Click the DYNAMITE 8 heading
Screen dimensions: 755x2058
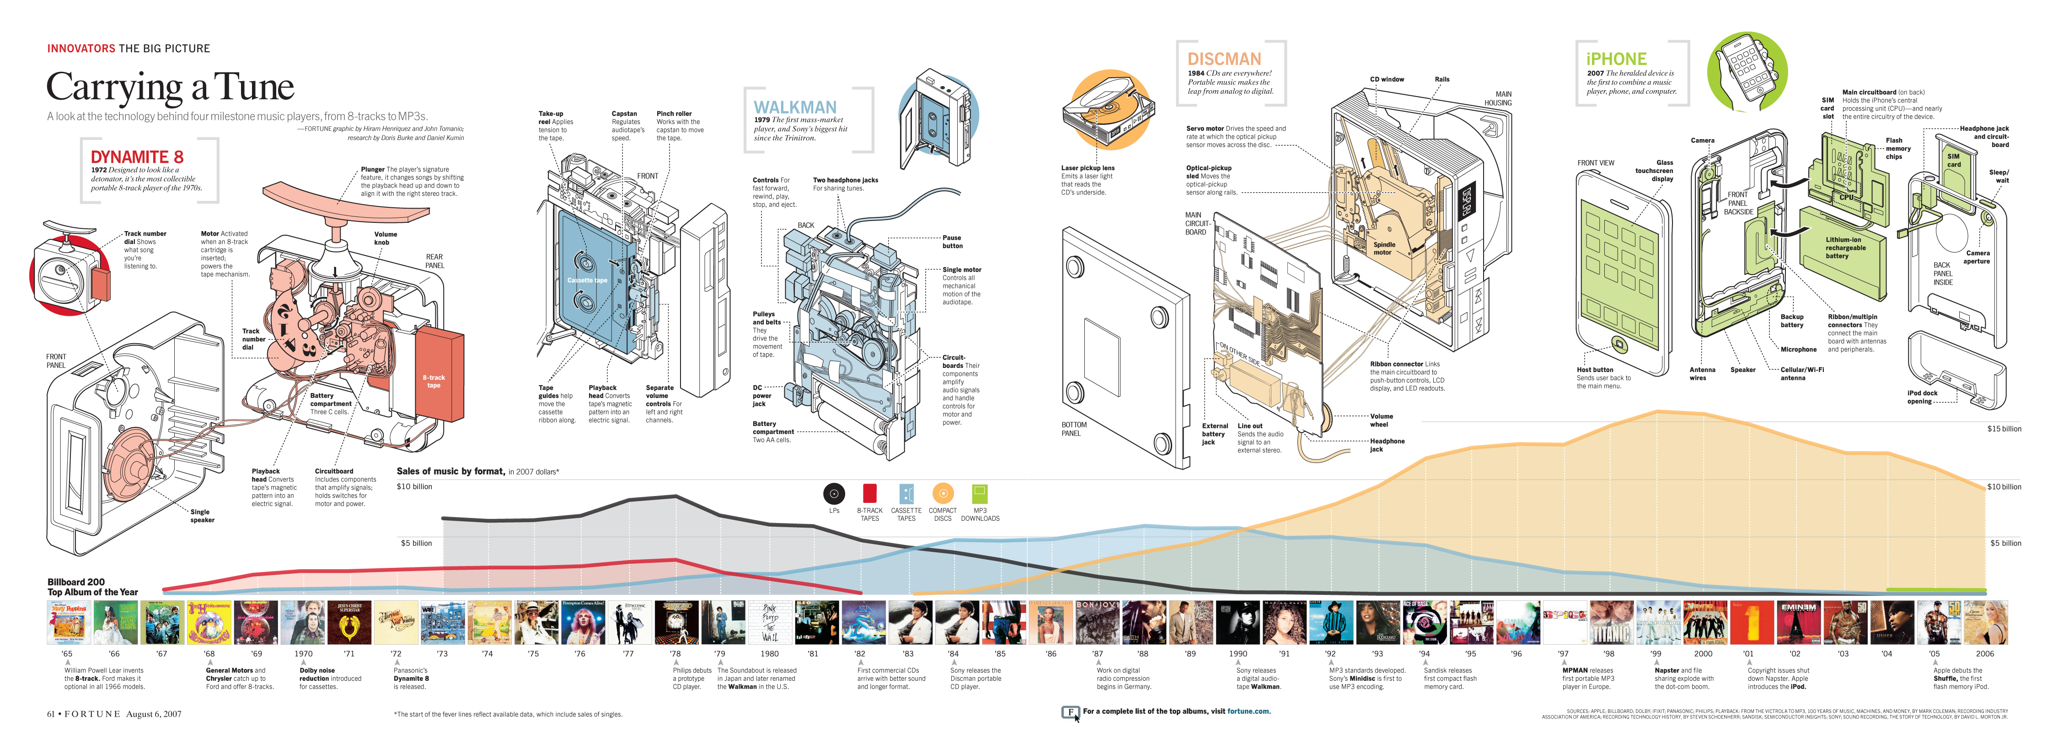coord(137,156)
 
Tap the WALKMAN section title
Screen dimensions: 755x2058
coord(795,107)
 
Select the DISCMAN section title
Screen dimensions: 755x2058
coord(1224,59)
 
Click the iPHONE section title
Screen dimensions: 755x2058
coord(1616,59)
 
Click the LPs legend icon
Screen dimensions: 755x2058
coord(833,494)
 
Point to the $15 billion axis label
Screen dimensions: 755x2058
coord(2004,429)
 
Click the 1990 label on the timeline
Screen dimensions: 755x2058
coord(1238,653)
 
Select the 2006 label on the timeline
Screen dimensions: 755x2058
coord(1984,653)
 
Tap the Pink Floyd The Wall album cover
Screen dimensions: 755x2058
coord(769,622)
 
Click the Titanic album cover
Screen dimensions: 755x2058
coord(1611,622)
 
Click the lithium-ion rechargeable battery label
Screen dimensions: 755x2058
coord(1843,248)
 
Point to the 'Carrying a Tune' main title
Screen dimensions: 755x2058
coord(170,87)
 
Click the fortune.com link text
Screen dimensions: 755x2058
coord(1248,711)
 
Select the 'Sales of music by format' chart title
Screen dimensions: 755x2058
coord(450,471)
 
